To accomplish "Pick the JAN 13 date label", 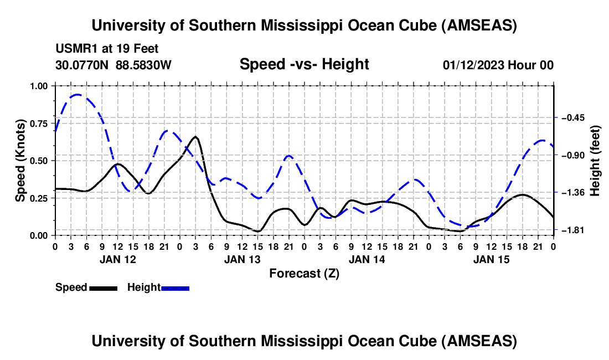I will tap(242, 259).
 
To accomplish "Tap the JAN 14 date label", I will tap(367, 259).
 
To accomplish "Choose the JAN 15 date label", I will tap(491, 259).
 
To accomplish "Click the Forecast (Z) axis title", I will tap(304, 273).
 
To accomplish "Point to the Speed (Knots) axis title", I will tap(20, 161).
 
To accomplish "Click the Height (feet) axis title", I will tap(596, 161).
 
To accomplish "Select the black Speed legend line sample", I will tap(102, 288).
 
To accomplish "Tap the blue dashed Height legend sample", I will tap(175, 288).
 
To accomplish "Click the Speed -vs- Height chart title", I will tap(304, 64).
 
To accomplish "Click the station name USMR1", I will tap(74, 49).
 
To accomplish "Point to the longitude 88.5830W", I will tap(144, 65).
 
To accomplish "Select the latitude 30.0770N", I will tap(82, 65).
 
